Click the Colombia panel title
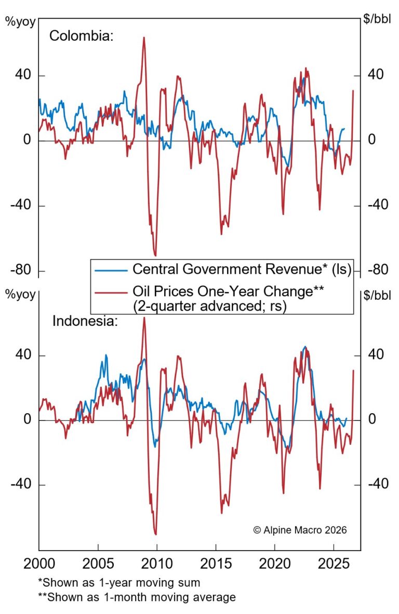pyautogui.click(x=82, y=36)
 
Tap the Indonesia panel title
pyautogui.click(x=86, y=321)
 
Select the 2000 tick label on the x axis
pyautogui.click(x=39, y=564)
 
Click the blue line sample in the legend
pyautogui.click(x=111, y=270)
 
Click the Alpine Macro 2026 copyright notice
pyautogui.click(x=300, y=530)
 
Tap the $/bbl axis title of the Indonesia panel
pyautogui.click(x=379, y=296)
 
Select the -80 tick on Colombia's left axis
pyautogui.click(x=20, y=271)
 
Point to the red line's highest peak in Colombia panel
pyautogui.click(x=143, y=37)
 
